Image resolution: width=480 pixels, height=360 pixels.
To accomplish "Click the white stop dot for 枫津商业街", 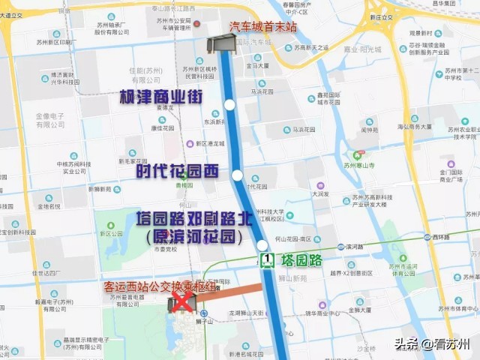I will (x=229, y=105).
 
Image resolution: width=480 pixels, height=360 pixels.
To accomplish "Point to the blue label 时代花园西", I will (x=177, y=171).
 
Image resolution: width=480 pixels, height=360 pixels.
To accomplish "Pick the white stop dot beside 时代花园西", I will (x=238, y=175).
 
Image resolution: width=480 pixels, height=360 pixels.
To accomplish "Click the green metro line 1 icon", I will (x=267, y=260).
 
